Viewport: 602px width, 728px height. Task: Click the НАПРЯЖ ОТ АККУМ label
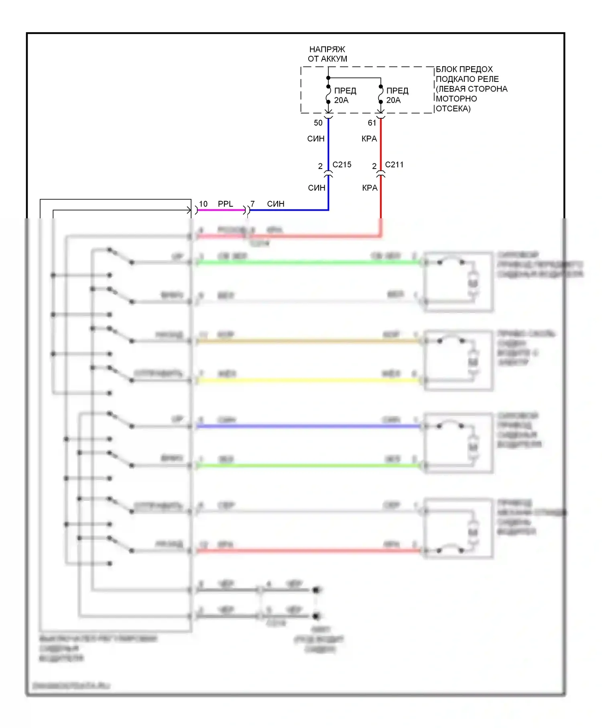(327, 54)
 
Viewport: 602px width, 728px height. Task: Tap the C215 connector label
(342, 165)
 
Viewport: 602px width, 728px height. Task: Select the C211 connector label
(394, 165)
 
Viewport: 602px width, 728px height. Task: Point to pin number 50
(318, 123)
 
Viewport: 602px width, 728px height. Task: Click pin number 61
(372, 123)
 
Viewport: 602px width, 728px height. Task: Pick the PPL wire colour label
(225, 204)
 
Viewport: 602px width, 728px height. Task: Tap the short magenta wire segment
(221, 210)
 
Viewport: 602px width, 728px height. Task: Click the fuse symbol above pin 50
(328, 94)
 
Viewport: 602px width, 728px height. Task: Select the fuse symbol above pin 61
(380, 94)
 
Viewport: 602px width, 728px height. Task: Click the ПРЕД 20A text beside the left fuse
(345, 96)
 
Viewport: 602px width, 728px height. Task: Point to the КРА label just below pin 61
(369, 139)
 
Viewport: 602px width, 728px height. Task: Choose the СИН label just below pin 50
(315, 139)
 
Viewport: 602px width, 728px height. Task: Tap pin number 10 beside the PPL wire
(203, 204)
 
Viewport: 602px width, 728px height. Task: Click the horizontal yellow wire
(309, 380)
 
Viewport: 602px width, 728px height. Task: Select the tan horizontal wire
(309, 341)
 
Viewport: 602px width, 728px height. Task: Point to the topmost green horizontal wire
(309, 262)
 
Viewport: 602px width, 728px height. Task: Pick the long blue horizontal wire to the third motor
(309, 426)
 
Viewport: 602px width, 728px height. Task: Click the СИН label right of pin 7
(275, 204)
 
